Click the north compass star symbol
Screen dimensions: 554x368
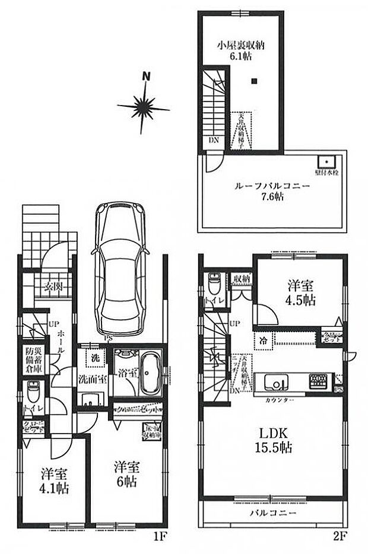(x=144, y=106)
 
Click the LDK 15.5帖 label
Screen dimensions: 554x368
(x=274, y=438)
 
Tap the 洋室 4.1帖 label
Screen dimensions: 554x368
(x=55, y=481)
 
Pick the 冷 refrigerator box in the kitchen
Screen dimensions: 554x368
(x=262, y=340)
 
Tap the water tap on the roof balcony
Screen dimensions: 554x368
(x=326, y=161)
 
